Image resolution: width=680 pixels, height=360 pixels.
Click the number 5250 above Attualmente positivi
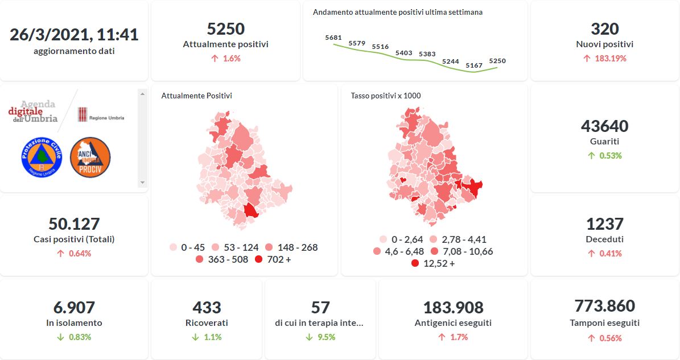click(x=225, y=29)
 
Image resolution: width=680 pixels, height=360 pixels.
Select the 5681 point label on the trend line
click(x=333, y=38)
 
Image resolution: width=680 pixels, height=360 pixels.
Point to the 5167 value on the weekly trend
click(x=474, y=66)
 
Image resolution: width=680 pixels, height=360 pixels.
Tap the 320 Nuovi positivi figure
click(x=604, y=29)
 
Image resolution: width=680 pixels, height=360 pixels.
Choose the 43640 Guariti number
click(x=604, y=126)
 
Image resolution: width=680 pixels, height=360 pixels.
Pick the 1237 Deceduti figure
click(x=604, y=224)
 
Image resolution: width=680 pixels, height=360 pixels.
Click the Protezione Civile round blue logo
click(x=41, y=156)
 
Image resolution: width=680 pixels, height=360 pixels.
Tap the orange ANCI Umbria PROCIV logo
click(x=90, y=156)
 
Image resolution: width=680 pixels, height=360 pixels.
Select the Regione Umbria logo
click(x=101, y=114)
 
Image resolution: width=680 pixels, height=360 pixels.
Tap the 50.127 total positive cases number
click(x=74, y=224)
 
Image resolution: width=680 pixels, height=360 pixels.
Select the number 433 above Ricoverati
click(x=207, y=308)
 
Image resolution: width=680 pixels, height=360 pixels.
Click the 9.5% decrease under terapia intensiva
click(x=320, y=337)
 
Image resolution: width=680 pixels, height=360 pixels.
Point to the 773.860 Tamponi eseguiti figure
click(x=604, y=306)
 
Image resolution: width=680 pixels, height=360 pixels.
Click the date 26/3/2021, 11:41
click(x=74, y=34)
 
